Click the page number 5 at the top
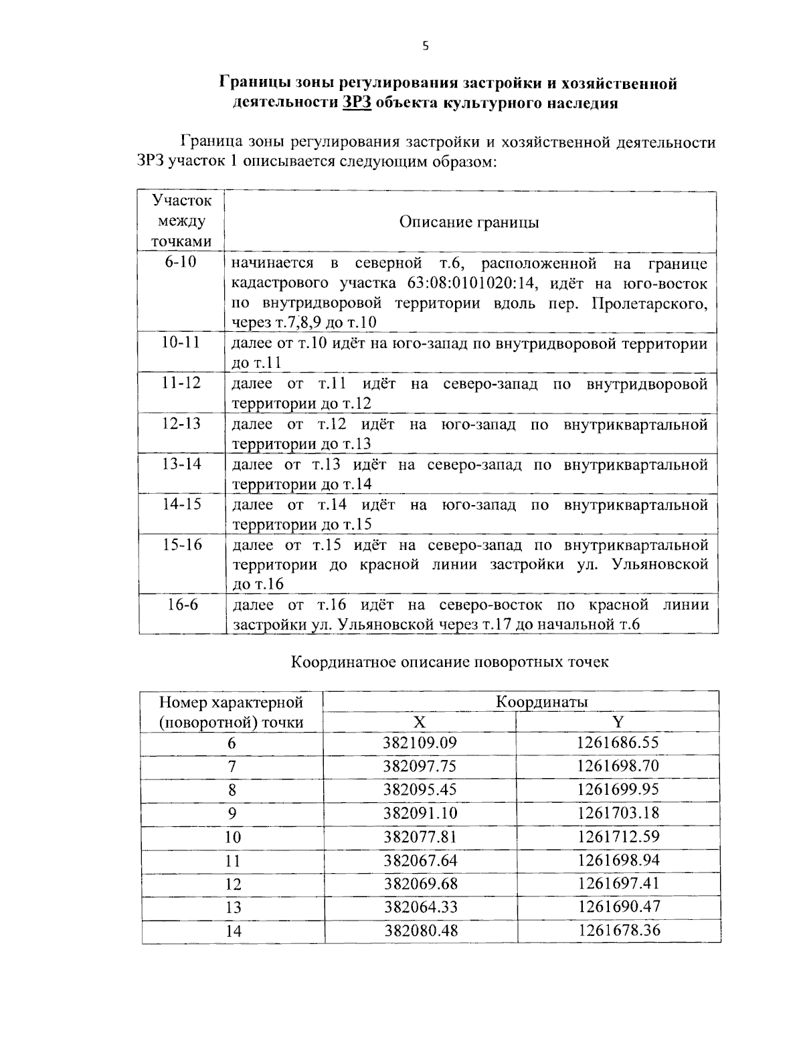[425, 46]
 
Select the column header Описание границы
[468, 222]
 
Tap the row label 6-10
[181, 262]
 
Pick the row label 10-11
[181, 343]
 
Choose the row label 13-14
[181, 464]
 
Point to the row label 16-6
[182, 605]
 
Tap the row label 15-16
[181, 545]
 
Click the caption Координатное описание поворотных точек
[450, 662]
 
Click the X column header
[419, 722]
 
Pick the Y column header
[618, 722]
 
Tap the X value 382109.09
[420, 743]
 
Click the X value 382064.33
[420, 907]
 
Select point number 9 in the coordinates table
[232, 814]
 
